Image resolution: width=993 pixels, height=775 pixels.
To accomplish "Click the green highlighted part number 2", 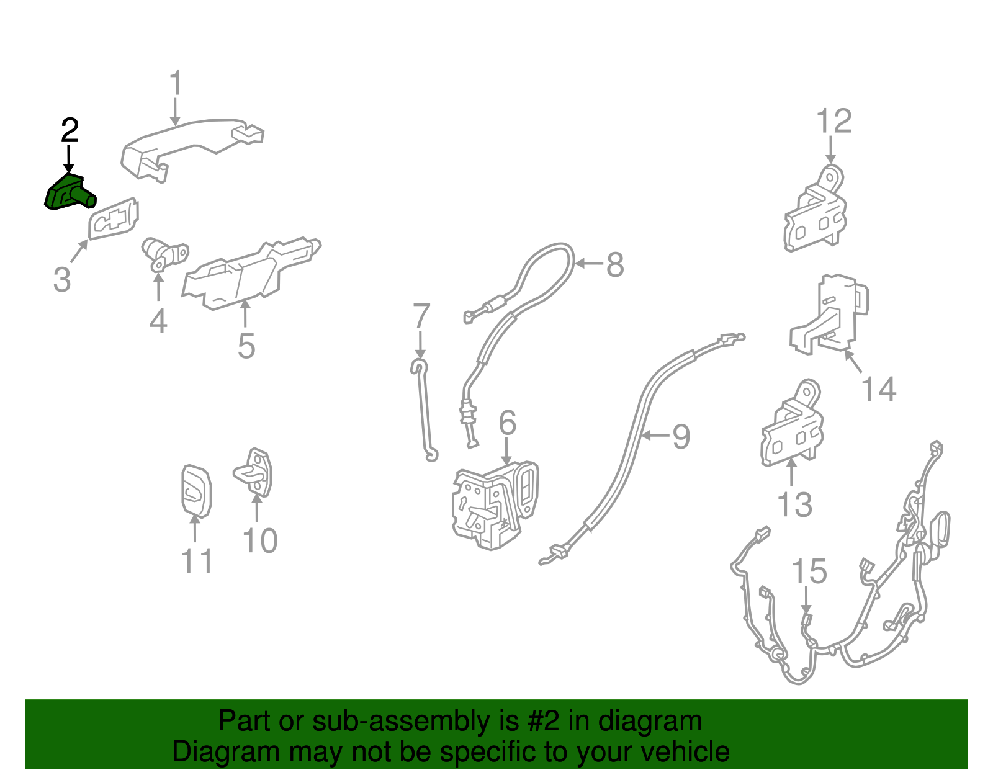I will (x=68, y=193).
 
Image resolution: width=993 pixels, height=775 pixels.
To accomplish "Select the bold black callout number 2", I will (x=70, y=131).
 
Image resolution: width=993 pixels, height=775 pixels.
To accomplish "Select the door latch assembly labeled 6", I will (x=493, y=505).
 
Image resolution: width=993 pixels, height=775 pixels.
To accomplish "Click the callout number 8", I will (x=614, y=265).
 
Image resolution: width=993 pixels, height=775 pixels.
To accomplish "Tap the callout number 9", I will (x=681, y=437).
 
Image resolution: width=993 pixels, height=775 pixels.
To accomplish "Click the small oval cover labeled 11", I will (x=196, y=491).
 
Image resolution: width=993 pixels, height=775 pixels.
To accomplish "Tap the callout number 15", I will (x=809, y=571).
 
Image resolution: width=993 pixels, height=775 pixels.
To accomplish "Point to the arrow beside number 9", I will (x=655, y=436).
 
